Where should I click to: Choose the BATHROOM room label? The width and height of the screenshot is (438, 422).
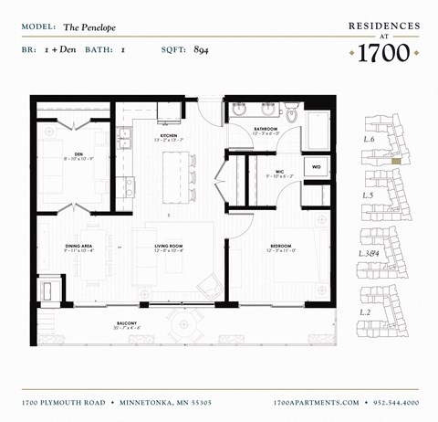[266, 129]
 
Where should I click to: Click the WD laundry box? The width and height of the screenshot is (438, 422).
[316, 167]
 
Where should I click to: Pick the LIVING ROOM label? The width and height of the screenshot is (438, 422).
[171, 245]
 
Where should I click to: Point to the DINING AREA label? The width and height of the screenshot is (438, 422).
[78, 245]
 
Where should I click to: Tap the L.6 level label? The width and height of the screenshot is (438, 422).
[370, 140]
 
